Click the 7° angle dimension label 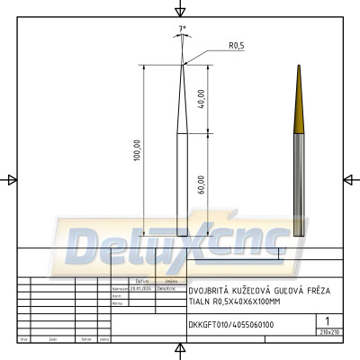point(183,30)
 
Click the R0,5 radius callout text point(238,45)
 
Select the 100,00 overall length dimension point(137,149)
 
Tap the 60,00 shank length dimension point(201,184)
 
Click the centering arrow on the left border point(11,179)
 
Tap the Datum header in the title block point(85,339)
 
